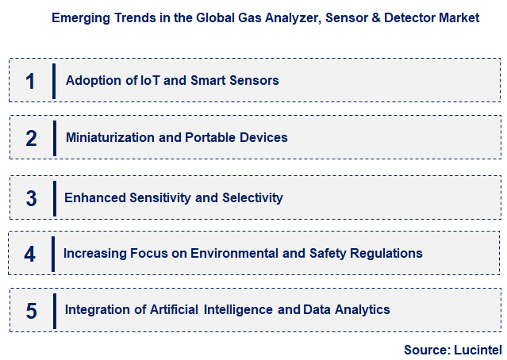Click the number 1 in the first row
(x=30, y=81)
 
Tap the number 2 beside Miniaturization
(x=31, y=138)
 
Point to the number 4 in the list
(x=30, y=254)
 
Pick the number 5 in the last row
(x=31, y=310)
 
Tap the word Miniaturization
(x=110, y=138)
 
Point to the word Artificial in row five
(x=172, y=309)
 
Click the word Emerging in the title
(x=79, y=17)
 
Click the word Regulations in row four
(x=386, y=254)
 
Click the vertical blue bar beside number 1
(x=54, y=81)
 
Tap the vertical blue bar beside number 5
(x=54, y=310)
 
